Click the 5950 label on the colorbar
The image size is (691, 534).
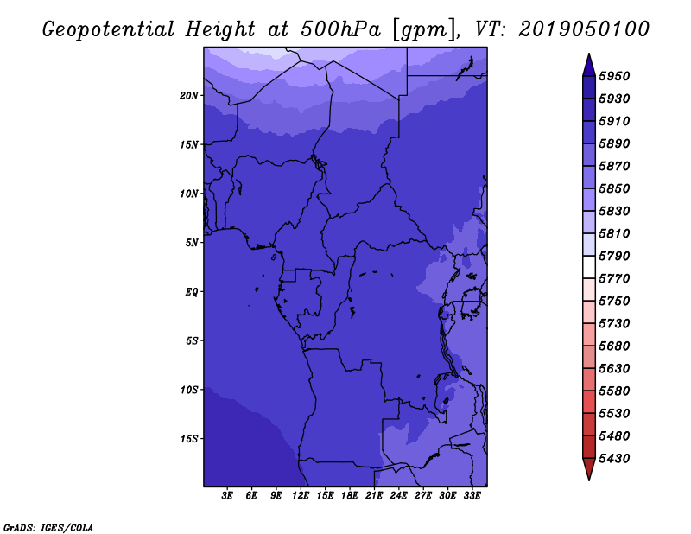(614, 76)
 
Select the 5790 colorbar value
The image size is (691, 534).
(614, 256)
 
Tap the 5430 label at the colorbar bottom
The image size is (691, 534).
(614, 459)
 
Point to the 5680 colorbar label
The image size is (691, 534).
(614, 346)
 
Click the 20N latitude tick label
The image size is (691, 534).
(189, 96)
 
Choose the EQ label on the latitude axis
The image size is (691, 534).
(192, 292)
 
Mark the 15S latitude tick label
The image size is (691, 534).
(189, 439)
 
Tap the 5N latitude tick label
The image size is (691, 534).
(192, 243)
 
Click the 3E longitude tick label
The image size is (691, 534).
(227, 496)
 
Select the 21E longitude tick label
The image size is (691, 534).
(374, 496)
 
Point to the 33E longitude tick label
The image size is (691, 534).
(472, 496)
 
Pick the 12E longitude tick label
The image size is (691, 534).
(301, 496)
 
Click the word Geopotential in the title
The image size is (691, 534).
(109, 30)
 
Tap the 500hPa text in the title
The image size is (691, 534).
(340, 29)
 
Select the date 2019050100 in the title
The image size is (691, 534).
(584, 29)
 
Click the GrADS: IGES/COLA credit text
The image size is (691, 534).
(48, 528)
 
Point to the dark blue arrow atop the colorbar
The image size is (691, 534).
(589, 65)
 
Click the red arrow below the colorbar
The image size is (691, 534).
(589, 469)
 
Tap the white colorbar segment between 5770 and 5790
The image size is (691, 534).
(589, 267)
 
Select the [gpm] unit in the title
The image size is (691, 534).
(425, 30)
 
